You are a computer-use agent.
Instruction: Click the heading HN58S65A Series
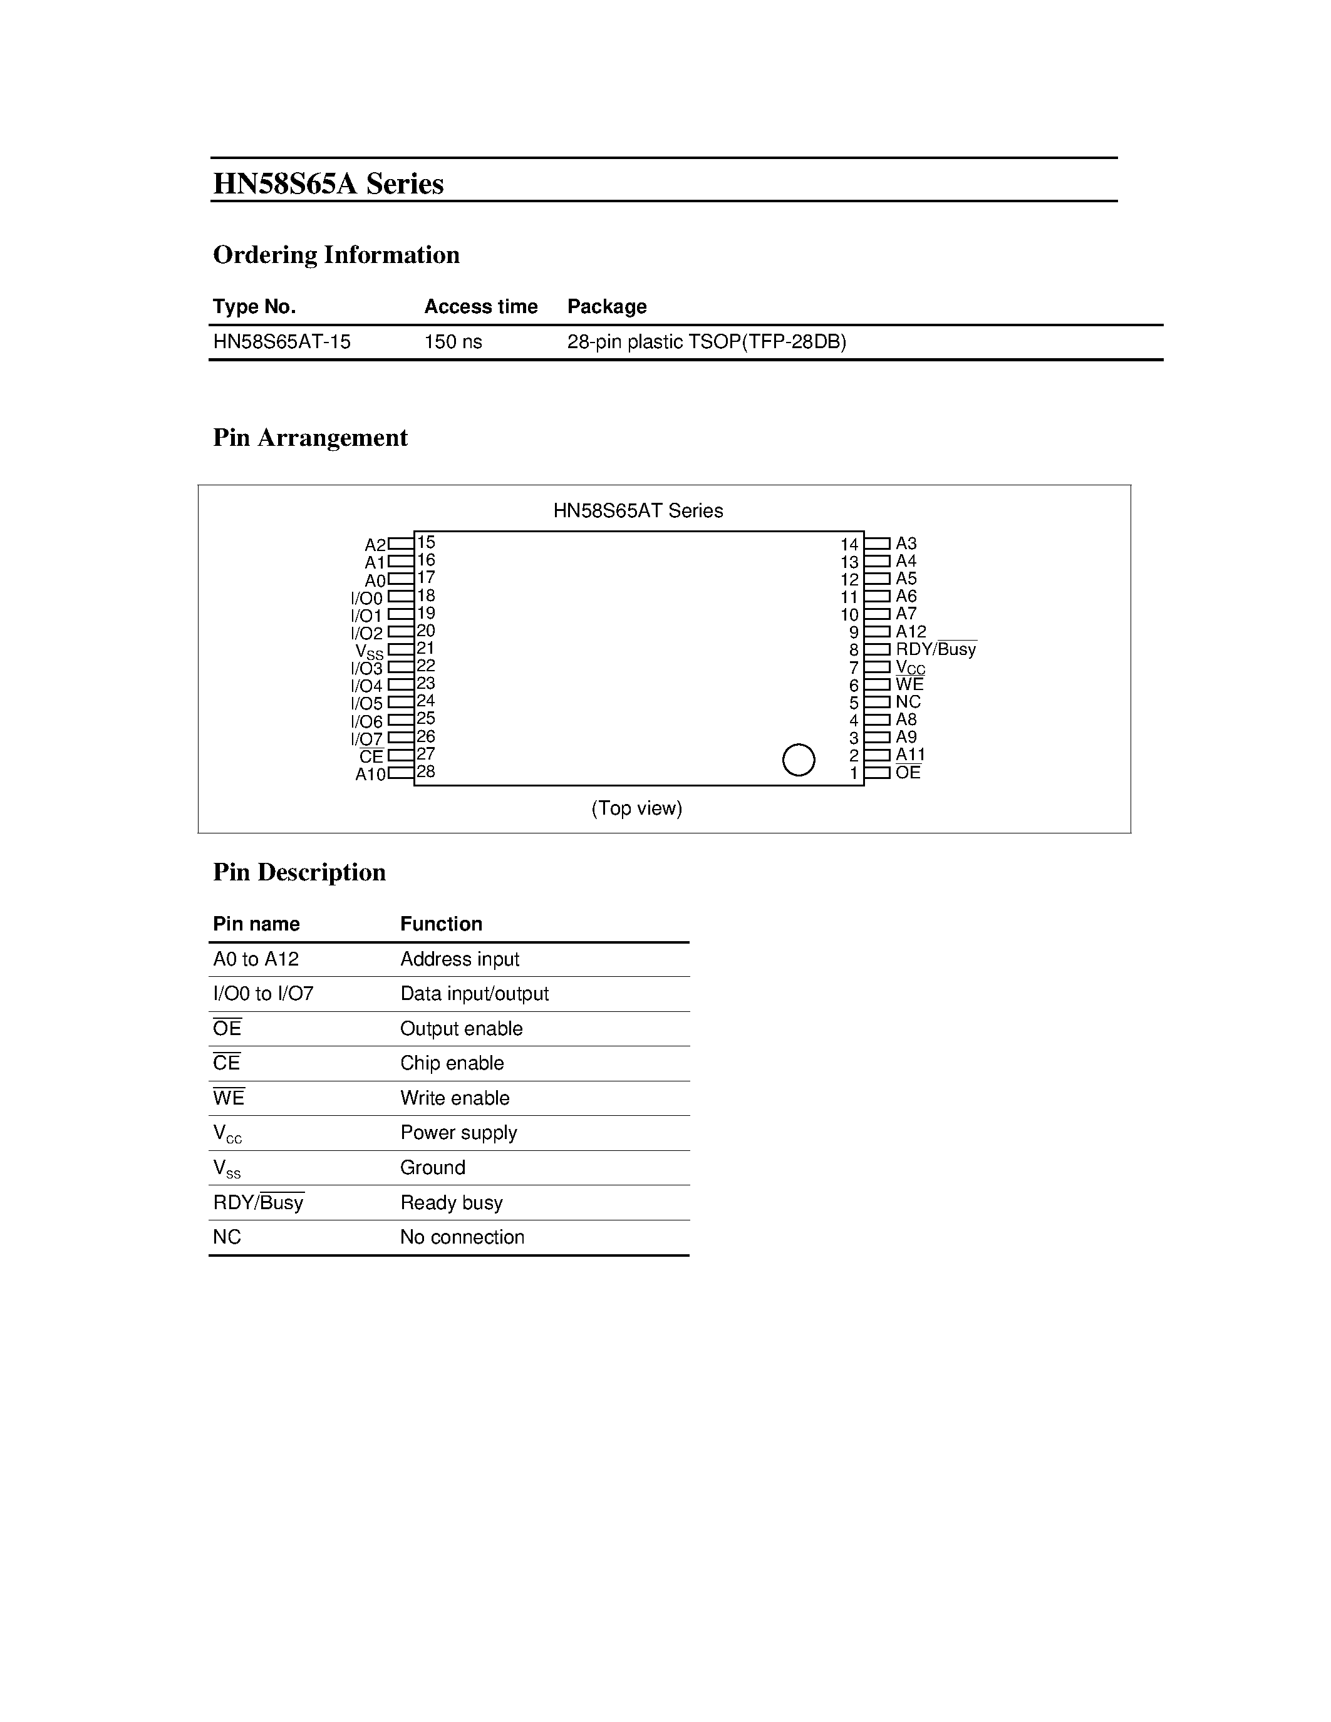point(328,183)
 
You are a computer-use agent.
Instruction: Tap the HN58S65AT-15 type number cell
point(281,341)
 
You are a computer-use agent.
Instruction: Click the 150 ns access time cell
point(453,341)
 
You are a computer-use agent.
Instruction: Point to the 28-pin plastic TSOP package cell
point(706,341)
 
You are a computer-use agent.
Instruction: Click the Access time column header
point(480,306)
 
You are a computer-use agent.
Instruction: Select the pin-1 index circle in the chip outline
point(798,760)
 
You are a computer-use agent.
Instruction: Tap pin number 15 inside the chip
point(426,542)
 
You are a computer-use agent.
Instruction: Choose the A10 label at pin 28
point(370,774)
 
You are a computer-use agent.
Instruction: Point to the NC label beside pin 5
point(908,702)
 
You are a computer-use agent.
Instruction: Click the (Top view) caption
point(636,808)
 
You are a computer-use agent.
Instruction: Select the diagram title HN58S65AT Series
point(638,510)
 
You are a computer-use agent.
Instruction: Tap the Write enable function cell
point(454,1098)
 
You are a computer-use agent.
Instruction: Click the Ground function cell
point(432,1167)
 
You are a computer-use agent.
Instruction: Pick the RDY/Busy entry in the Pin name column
point(258,1202)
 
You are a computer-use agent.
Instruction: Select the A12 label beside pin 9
point(911,632)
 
